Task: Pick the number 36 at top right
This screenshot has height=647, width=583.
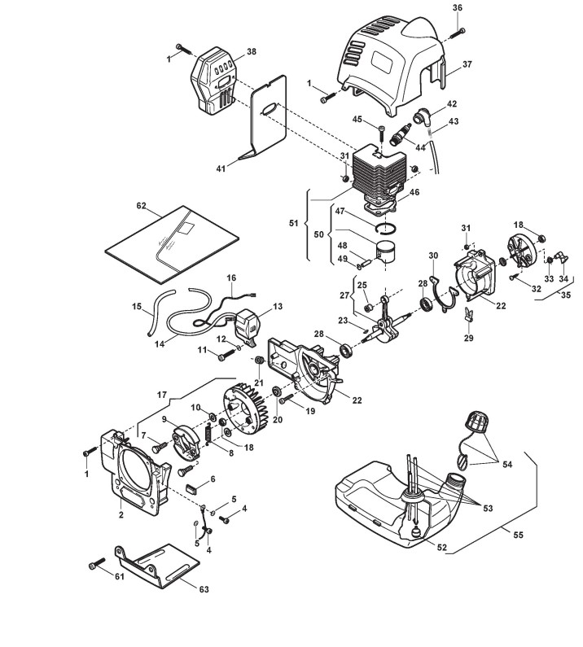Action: tap(458, 8)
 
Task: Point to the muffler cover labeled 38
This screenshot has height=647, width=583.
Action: tap(214, 82)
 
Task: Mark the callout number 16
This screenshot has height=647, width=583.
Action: tap(231, 278)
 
